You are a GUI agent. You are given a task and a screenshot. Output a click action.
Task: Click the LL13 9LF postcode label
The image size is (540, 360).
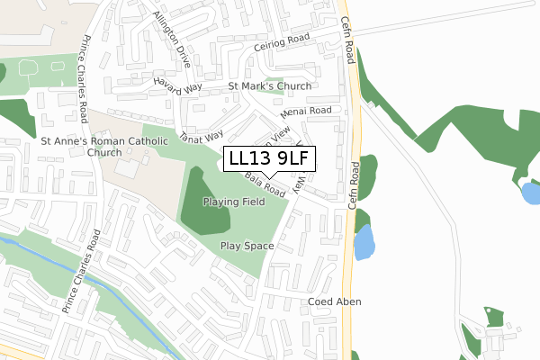[269, 158]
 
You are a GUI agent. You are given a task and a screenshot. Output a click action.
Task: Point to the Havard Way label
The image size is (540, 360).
[178, 85]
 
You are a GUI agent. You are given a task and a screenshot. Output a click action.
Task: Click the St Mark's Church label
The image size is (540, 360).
[270, 86]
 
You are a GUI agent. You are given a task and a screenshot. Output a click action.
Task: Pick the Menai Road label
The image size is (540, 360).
[306, 112]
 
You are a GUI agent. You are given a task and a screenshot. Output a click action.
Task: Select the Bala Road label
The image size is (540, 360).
[265, 187]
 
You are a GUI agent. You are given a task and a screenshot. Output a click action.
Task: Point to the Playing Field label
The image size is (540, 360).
[234, 202]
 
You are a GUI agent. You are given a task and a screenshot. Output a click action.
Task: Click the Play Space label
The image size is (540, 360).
[247, 245]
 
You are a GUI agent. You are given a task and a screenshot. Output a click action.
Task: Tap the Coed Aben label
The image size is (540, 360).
[335, 301]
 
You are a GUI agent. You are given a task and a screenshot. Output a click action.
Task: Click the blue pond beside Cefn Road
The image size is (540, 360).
[364, 242]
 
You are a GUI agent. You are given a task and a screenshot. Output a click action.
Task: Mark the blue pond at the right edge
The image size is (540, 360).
[531, 192]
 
